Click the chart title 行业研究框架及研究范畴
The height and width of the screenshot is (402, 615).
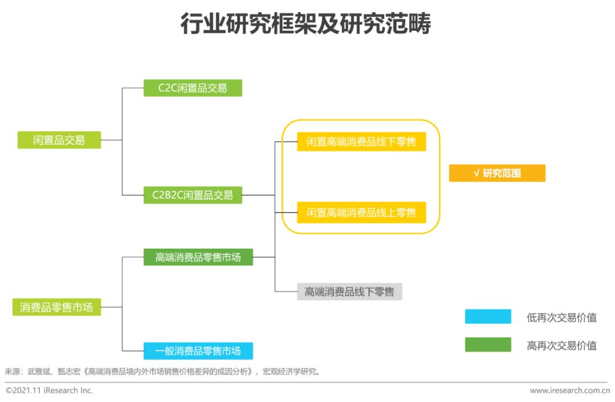pyautogui.click(x=306, y=24)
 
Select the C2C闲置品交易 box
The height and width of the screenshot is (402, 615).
pyautogui.click(x=192, y=88)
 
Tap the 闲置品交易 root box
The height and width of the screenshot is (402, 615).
pyautogui.click(x=59, y=140)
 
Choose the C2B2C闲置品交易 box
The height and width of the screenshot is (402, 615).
pyautogui.click(x=192, y=195)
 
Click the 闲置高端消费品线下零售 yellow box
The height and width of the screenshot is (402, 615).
pyautogui.click(x=361, y=142)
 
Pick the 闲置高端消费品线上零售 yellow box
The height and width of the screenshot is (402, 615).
pyautogui.click(x=361, y=213)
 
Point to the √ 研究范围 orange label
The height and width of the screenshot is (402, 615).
pyautogui.click(x=497, y=173)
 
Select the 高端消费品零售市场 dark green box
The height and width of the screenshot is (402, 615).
pyautogui.click(x=198, y=257)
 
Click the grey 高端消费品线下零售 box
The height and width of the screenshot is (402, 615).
pyautogui.click(x=349, y=292)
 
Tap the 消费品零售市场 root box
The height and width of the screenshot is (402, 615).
pyautogui.click(x=56, y=307)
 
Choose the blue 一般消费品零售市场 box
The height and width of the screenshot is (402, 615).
pyautogui.click(x=198, y=351)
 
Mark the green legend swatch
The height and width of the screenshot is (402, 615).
pyautogui.click(x=487, y=345)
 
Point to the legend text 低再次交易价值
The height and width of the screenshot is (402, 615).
pyautogui.click(x=561, y=318)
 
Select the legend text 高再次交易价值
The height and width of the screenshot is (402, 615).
pyautogui.click(x=561, y=346)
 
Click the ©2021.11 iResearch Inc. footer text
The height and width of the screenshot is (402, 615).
pyautogui.click(x=49, y=391)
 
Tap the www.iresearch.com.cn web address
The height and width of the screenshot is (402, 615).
pyautogui.click(x=570, y=391)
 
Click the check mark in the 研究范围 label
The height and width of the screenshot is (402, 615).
pyautogui.click(x=476, y=173)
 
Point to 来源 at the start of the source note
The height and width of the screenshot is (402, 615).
pyautogui.click(x=13, y=372)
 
